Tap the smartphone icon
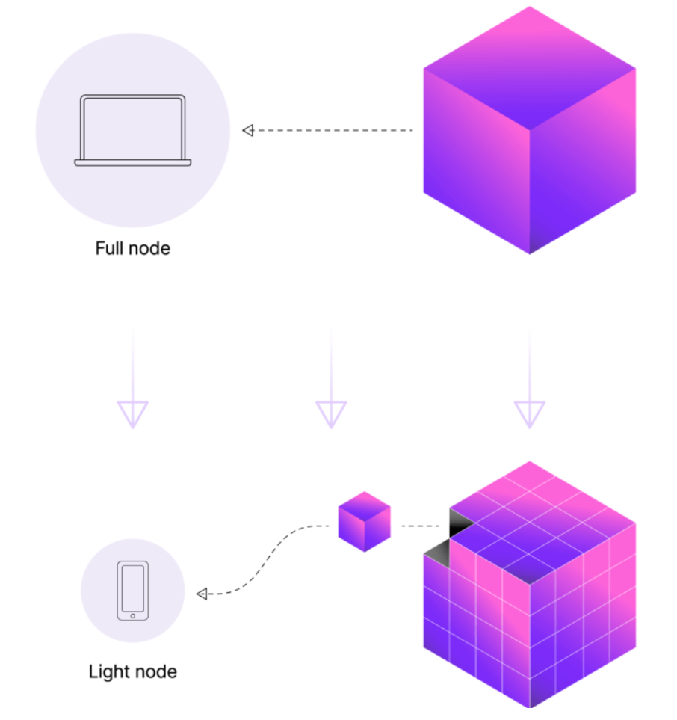click(133, 591)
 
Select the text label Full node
click(133, 248)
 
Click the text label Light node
click(133, 671)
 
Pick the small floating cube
click(364, 522)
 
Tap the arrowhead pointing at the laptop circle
click(248, 130)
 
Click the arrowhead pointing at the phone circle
click(202, 594)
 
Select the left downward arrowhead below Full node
click(133, 413)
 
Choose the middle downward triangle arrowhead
click(331, 413)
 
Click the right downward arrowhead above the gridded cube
click(529, 413)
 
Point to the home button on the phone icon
click(133, 616)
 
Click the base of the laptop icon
click(133, 162)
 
